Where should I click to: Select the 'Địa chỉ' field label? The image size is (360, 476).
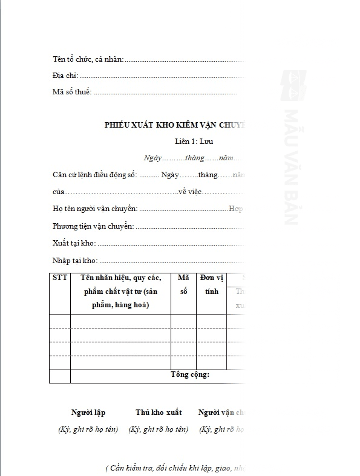(x=66, y=76)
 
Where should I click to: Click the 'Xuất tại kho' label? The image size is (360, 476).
(x=74, y=243)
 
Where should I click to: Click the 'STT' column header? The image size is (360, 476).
(x=60, y=278)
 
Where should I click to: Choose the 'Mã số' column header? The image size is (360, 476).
(x=183, y=284)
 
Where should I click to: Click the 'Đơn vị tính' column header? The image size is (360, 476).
(x=212, y=284)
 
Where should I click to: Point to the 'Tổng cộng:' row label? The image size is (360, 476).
(x=190, y=375)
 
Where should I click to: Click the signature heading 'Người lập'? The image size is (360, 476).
(x=88, y=412)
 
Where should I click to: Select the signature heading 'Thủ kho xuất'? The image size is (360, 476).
(x=159, y=412)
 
